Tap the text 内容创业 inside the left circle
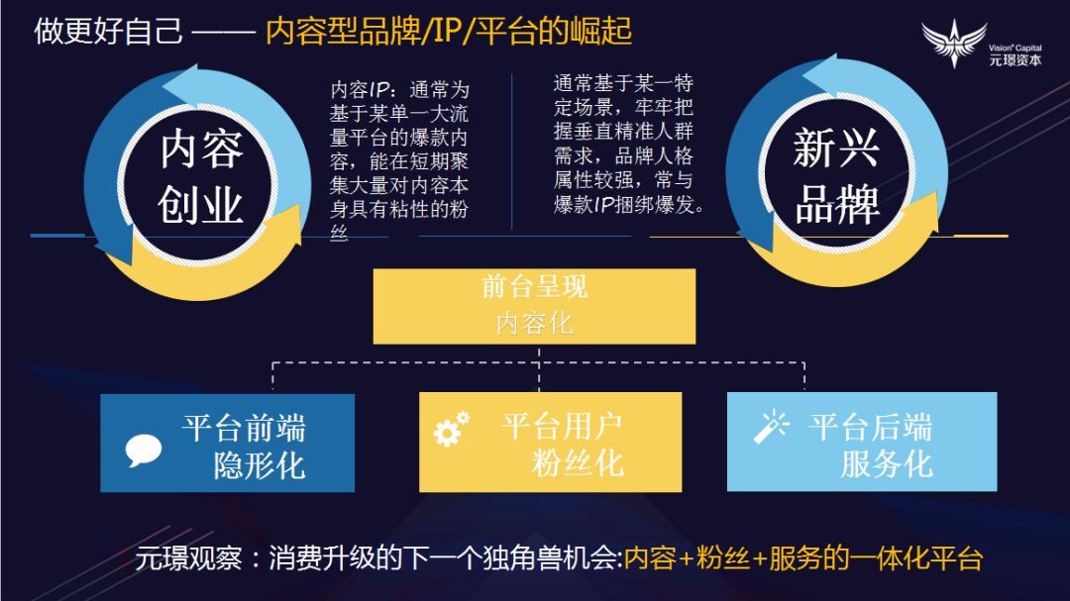click(x=201, y=178)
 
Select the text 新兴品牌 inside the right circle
click(x=836, y=178)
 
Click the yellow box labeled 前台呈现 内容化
click(x=534, y=306)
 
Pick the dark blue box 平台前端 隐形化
click(x=227, y=443)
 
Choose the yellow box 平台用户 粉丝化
click(x=550, y=443)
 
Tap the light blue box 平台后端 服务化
click(x=861, y=443)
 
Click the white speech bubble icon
click(x=144, y=451)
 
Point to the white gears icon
click(x=451, y=428)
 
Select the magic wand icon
click(x=770, y=427)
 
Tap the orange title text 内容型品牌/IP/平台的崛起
click(x=449, y=31)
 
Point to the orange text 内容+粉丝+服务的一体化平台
click(x=802, y=558)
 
